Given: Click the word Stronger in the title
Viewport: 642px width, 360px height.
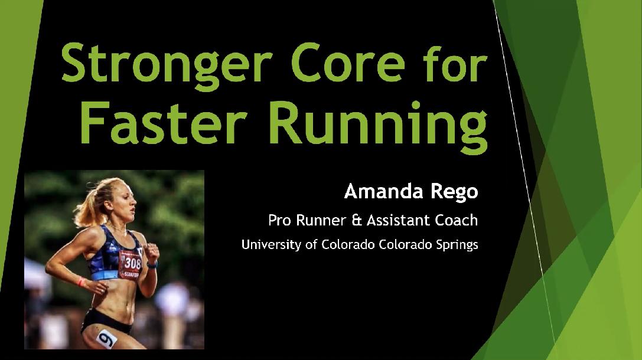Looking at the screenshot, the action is (x=167, y=63).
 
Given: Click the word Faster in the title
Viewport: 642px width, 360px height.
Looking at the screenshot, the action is (x=164, y=123).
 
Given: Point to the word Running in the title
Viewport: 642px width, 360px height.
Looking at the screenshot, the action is (x=377, y=127).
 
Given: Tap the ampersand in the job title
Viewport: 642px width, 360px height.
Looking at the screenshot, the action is (x=357, y=221).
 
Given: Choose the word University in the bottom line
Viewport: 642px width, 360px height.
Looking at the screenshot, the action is (x=271, y=245).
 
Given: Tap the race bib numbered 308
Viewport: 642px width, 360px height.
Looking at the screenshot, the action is (x=131, y=264).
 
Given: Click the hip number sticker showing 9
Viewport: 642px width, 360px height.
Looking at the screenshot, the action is (x=106, y=339).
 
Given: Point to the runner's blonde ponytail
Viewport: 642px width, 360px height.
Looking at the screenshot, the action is (x=89, y=207).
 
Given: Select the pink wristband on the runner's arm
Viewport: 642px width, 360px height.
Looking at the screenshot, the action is (x=82, y=282).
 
